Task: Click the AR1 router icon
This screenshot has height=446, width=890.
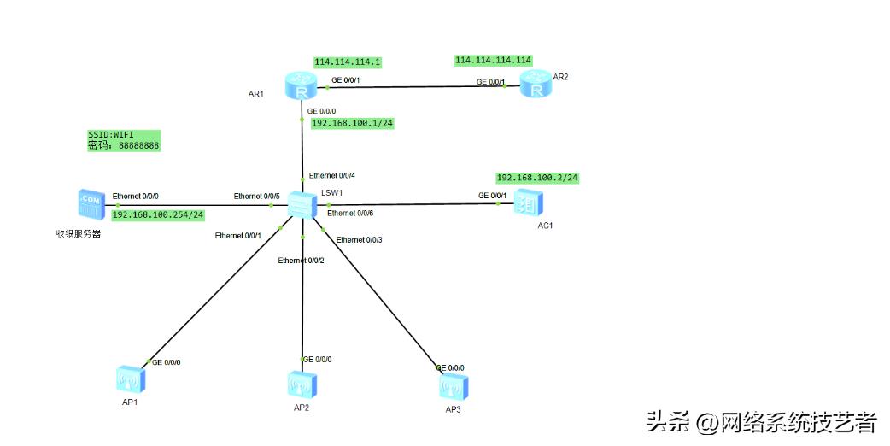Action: (x=302, y=87)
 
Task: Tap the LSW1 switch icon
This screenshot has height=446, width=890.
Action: (x=302, y=204)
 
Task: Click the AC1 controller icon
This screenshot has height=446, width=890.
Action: (x=528, y=204)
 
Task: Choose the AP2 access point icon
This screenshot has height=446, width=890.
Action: (x=301, y=385)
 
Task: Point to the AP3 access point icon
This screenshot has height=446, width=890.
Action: (x=449, y=387)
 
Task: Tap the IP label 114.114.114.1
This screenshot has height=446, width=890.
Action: (x=347, y=62)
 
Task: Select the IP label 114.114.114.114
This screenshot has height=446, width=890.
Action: (x=494, y=61)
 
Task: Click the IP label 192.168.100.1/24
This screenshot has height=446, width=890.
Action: (x=352, y=123)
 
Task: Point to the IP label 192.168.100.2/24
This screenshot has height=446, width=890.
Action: (x=537, y=178)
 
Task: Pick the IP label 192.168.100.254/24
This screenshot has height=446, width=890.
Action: (x=157, y=214)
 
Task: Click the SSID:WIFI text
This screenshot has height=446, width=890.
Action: (x=111, y=135)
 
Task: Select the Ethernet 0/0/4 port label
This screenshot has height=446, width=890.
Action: (x=331, y=175)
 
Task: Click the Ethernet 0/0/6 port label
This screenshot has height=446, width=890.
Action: (x=350, y=213)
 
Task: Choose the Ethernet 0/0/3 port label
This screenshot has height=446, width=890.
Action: (x=359, y=240)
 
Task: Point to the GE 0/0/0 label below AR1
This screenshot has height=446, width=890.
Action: (x=321, y=111)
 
